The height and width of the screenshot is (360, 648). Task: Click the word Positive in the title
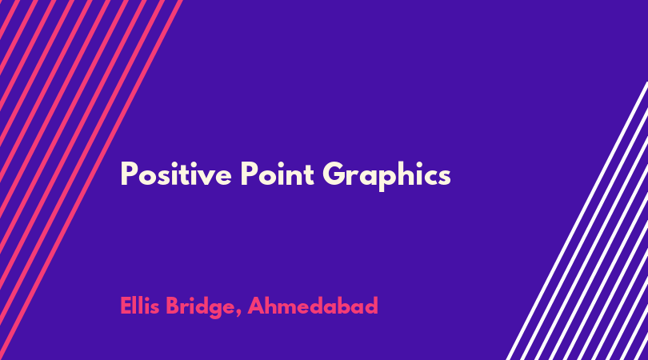pyautogui.click(x=176, y=174)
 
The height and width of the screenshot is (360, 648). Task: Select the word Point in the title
pyautogui.click(x=278, y=174)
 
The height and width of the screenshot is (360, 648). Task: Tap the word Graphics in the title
pyautogui.click(x=386, y=176)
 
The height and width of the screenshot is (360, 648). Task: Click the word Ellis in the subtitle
pyautogui.click(x=140, y=306)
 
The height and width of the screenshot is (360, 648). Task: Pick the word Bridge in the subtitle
pyautogui.click(x=200, y=307)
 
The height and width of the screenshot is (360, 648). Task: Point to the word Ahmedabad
pyautogui.click(x=313, y=306)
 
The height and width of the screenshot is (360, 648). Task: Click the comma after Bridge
pyautogui.click(x=238, y=314)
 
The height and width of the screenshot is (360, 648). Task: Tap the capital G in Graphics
pyautogui.click(x=333, y=174)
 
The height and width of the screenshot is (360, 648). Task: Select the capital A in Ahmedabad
pyautogui.click(x=256, y=306)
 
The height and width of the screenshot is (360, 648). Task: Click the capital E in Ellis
pyautogui.click(x=126, y=306)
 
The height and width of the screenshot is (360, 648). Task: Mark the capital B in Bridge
pyautogui.click(x=173, y=306)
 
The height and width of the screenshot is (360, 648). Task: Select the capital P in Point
pyautogui.click(x=248, y=174)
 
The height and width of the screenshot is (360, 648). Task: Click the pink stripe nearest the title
pyautogui.click(x=91, y=180)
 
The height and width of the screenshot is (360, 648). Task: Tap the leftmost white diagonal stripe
pyautogui.click(x=578, y=221)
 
